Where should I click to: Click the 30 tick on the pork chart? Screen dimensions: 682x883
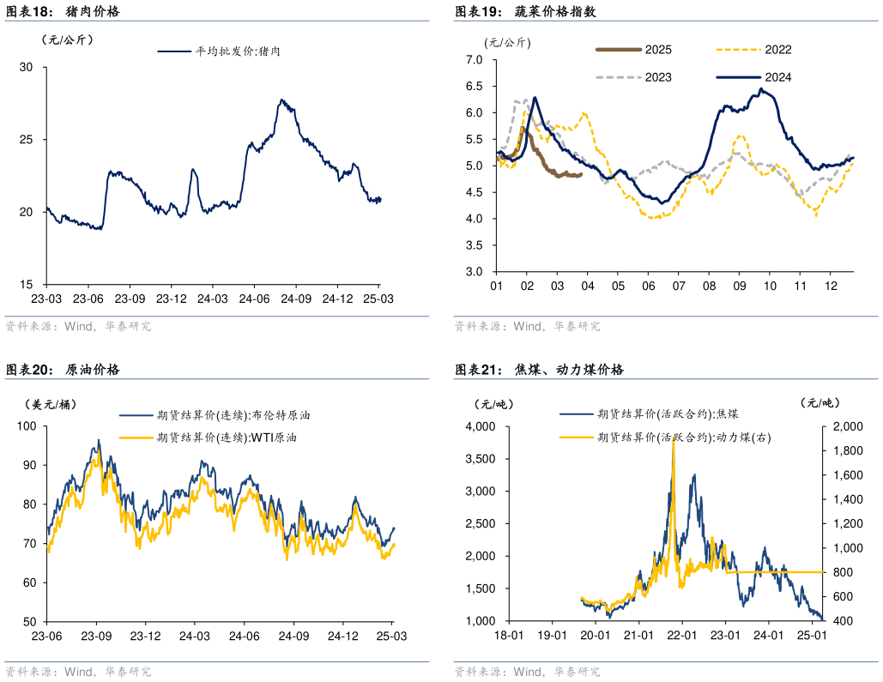pyautogui.click(x=26, y=67)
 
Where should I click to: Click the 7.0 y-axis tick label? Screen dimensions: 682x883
pyautogui.click(x=475, y=59)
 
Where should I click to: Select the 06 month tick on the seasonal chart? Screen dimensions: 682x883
pyautogui.click(x=648, y=286)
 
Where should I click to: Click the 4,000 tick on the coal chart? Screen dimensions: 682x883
pyautogui.click(x=481, y=426)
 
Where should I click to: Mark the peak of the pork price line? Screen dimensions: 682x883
pyautogui.click(x=281, y=100)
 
